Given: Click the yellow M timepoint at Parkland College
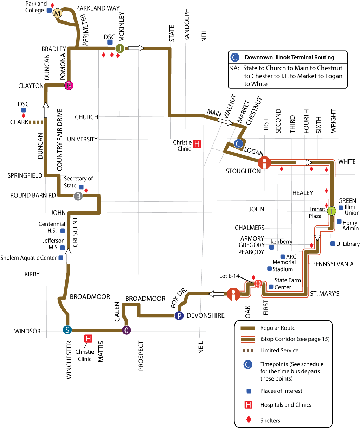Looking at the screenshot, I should (x=57, y=13).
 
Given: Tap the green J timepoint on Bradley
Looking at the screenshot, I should (x=120, y=48).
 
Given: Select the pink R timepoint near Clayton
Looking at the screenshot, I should (x=69, y=85).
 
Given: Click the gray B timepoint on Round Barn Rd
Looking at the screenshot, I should (x=78, y=196).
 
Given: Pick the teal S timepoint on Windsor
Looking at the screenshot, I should (x=67, y=330).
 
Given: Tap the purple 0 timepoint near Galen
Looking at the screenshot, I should (x=126, y=330).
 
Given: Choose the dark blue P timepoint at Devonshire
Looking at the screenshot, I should (x=179, y=315).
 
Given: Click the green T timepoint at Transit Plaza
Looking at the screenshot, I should (x=332, y=211).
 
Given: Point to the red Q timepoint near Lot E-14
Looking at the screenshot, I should (x=258, y=283).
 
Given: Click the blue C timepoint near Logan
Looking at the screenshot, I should (x=239, y=143).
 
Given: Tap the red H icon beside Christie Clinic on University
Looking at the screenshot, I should (x=197, y=144).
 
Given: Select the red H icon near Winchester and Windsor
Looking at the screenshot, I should (x=88, y=339).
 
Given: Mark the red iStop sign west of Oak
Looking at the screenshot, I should (x=233, y=294).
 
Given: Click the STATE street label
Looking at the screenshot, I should (x=172, y=33).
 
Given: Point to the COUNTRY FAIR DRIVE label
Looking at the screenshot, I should (x=59, y=139).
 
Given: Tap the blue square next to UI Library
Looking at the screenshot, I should (x=333, y=244).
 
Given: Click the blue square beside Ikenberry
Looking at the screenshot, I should (x=271, y=247).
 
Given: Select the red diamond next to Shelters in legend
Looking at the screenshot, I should (x=249, y=420).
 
